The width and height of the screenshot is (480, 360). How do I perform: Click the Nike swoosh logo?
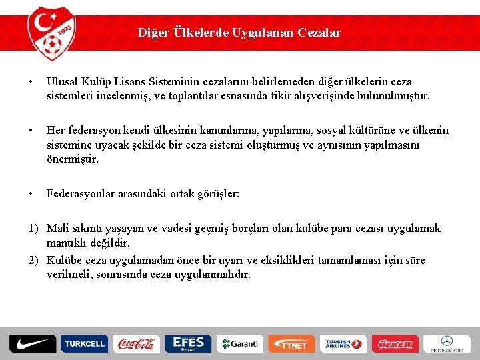pos(31,344)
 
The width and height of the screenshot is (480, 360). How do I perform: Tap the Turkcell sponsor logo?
pos(84,344)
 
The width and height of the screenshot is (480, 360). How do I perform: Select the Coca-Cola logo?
pos(135,344)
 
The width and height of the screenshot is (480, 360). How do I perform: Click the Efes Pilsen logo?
pos(187,344)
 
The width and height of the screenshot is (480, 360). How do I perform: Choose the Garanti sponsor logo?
pos(239,344)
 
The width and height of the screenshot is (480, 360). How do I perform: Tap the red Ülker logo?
pos(395,344)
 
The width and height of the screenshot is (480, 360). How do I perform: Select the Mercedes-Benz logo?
pos(447,344)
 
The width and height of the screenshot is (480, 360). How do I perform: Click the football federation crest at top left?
pos(51,31)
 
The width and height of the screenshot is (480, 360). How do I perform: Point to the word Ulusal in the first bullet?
pos(62,81)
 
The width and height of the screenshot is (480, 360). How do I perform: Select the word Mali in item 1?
pos(58,229)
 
